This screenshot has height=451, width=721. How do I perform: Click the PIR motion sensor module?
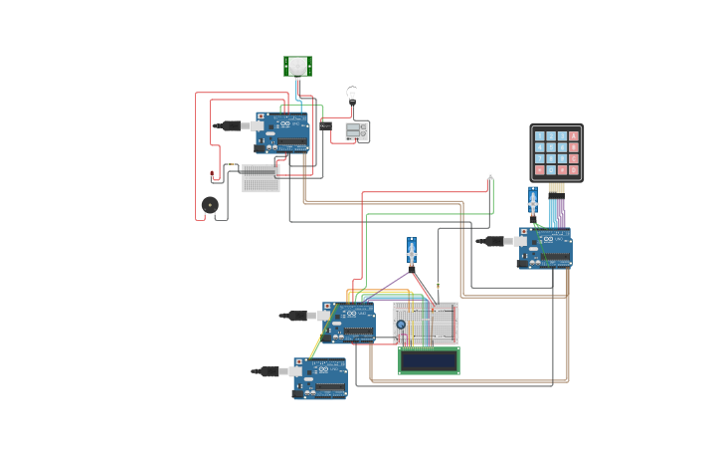coord(297,66)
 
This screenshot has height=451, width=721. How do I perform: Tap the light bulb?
coord(351,95)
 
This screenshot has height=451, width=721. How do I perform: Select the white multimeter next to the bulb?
coord(357,130)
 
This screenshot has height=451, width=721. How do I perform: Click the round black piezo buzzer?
coord(209,204)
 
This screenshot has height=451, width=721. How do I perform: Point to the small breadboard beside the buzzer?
coord(261,178)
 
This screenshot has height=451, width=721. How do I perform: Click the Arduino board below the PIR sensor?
coord(282,132)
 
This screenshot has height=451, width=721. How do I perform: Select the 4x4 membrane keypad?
coord(556,152)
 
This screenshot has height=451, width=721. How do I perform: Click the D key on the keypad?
coord(574,170)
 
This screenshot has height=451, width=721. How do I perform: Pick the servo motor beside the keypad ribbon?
coord(533,201)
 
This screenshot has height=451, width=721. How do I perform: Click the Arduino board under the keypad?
coord(545,248)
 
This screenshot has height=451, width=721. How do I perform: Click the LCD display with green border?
coord(429,360)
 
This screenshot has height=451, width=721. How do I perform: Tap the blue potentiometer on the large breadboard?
coord(401,325)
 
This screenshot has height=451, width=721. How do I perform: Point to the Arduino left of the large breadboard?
coord(350,323)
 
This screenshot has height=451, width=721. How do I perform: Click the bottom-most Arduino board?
coord(320,378)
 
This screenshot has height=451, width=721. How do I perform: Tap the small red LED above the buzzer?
coord(212,175)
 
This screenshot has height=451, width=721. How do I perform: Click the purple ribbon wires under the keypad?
coord(560,211)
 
